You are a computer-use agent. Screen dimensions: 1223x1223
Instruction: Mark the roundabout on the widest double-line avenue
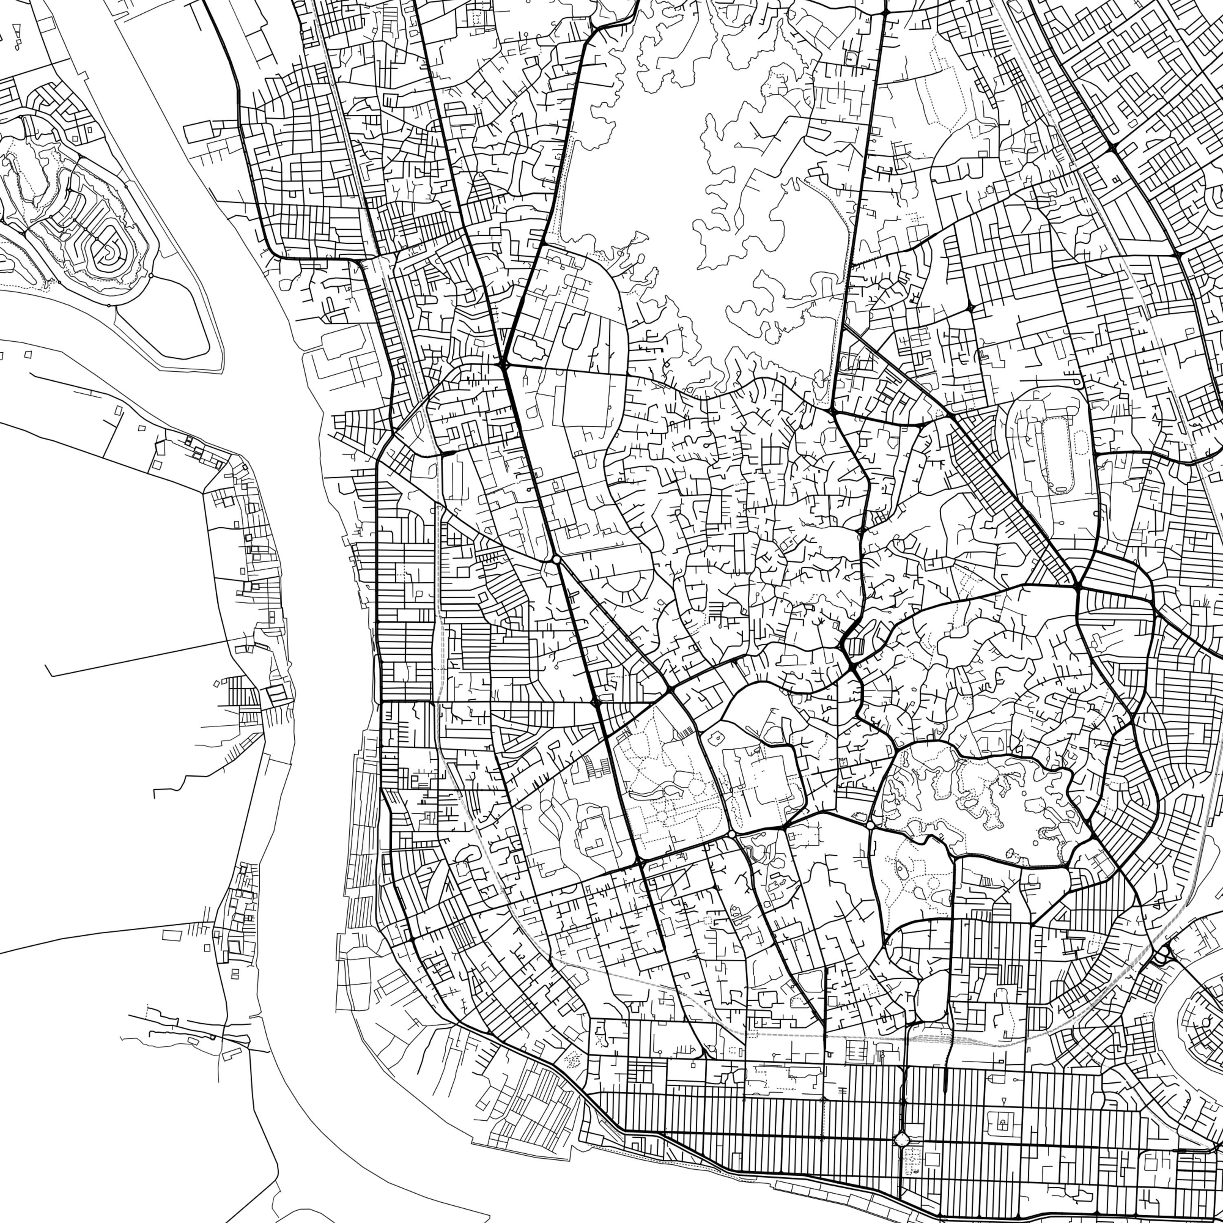[x=556, y=560]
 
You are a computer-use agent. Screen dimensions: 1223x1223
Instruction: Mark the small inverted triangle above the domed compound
[x=1004, y=1101]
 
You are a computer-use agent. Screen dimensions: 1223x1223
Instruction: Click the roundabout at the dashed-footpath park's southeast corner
[x=732, y=834]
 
